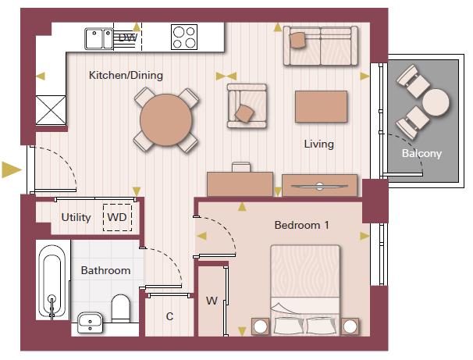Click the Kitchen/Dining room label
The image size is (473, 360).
click(126, 76)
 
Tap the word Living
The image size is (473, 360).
click(319, 144)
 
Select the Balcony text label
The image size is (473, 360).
click(421, 153)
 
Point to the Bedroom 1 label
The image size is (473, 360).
click(301, 225)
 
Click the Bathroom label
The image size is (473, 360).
click(105, 270)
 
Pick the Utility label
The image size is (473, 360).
click(76, 217)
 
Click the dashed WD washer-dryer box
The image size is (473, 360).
click(117, 218)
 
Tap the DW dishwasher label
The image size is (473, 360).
click(128, 37)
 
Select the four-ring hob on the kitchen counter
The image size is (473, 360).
click(184, 37)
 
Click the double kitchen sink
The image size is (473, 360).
click(99, 39)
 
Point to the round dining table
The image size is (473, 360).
click(165, 119)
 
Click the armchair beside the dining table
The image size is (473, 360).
click(247, 106)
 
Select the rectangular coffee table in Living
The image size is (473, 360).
click(321, 106)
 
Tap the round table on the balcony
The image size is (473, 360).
click(436, 102)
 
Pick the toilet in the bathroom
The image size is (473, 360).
click(120, 308)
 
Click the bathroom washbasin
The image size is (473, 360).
click(90, 323)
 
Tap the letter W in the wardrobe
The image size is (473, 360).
click(212, 301)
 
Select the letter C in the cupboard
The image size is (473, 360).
click(170, 316)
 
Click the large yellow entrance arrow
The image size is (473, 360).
click(12, 169)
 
